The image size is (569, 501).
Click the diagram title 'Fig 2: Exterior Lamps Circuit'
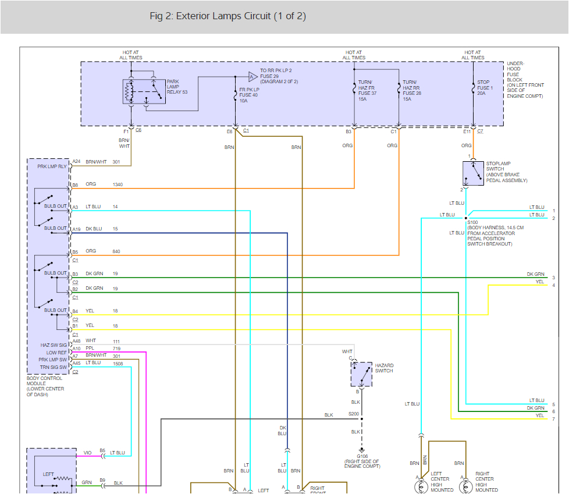(227, 16)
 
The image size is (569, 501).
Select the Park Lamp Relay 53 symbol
(144, 91)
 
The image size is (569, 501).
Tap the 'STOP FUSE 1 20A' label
(483, 87)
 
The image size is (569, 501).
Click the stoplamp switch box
(473, 173)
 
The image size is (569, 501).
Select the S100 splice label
(472, 222)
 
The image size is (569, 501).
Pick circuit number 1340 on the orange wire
(118, 185)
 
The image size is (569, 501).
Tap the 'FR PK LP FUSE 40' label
(249, 94)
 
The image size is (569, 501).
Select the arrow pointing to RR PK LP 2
(252, 76)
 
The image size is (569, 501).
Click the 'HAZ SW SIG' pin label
(54, 345)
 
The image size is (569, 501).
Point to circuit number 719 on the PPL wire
(116, 349)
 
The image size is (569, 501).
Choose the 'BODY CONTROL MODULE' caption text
(45, 387)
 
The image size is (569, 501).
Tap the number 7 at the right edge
(553, 419)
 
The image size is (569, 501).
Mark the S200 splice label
(353, 414)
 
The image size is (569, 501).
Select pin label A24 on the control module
(76, 162)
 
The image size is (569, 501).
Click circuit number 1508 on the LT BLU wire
(118, 363)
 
